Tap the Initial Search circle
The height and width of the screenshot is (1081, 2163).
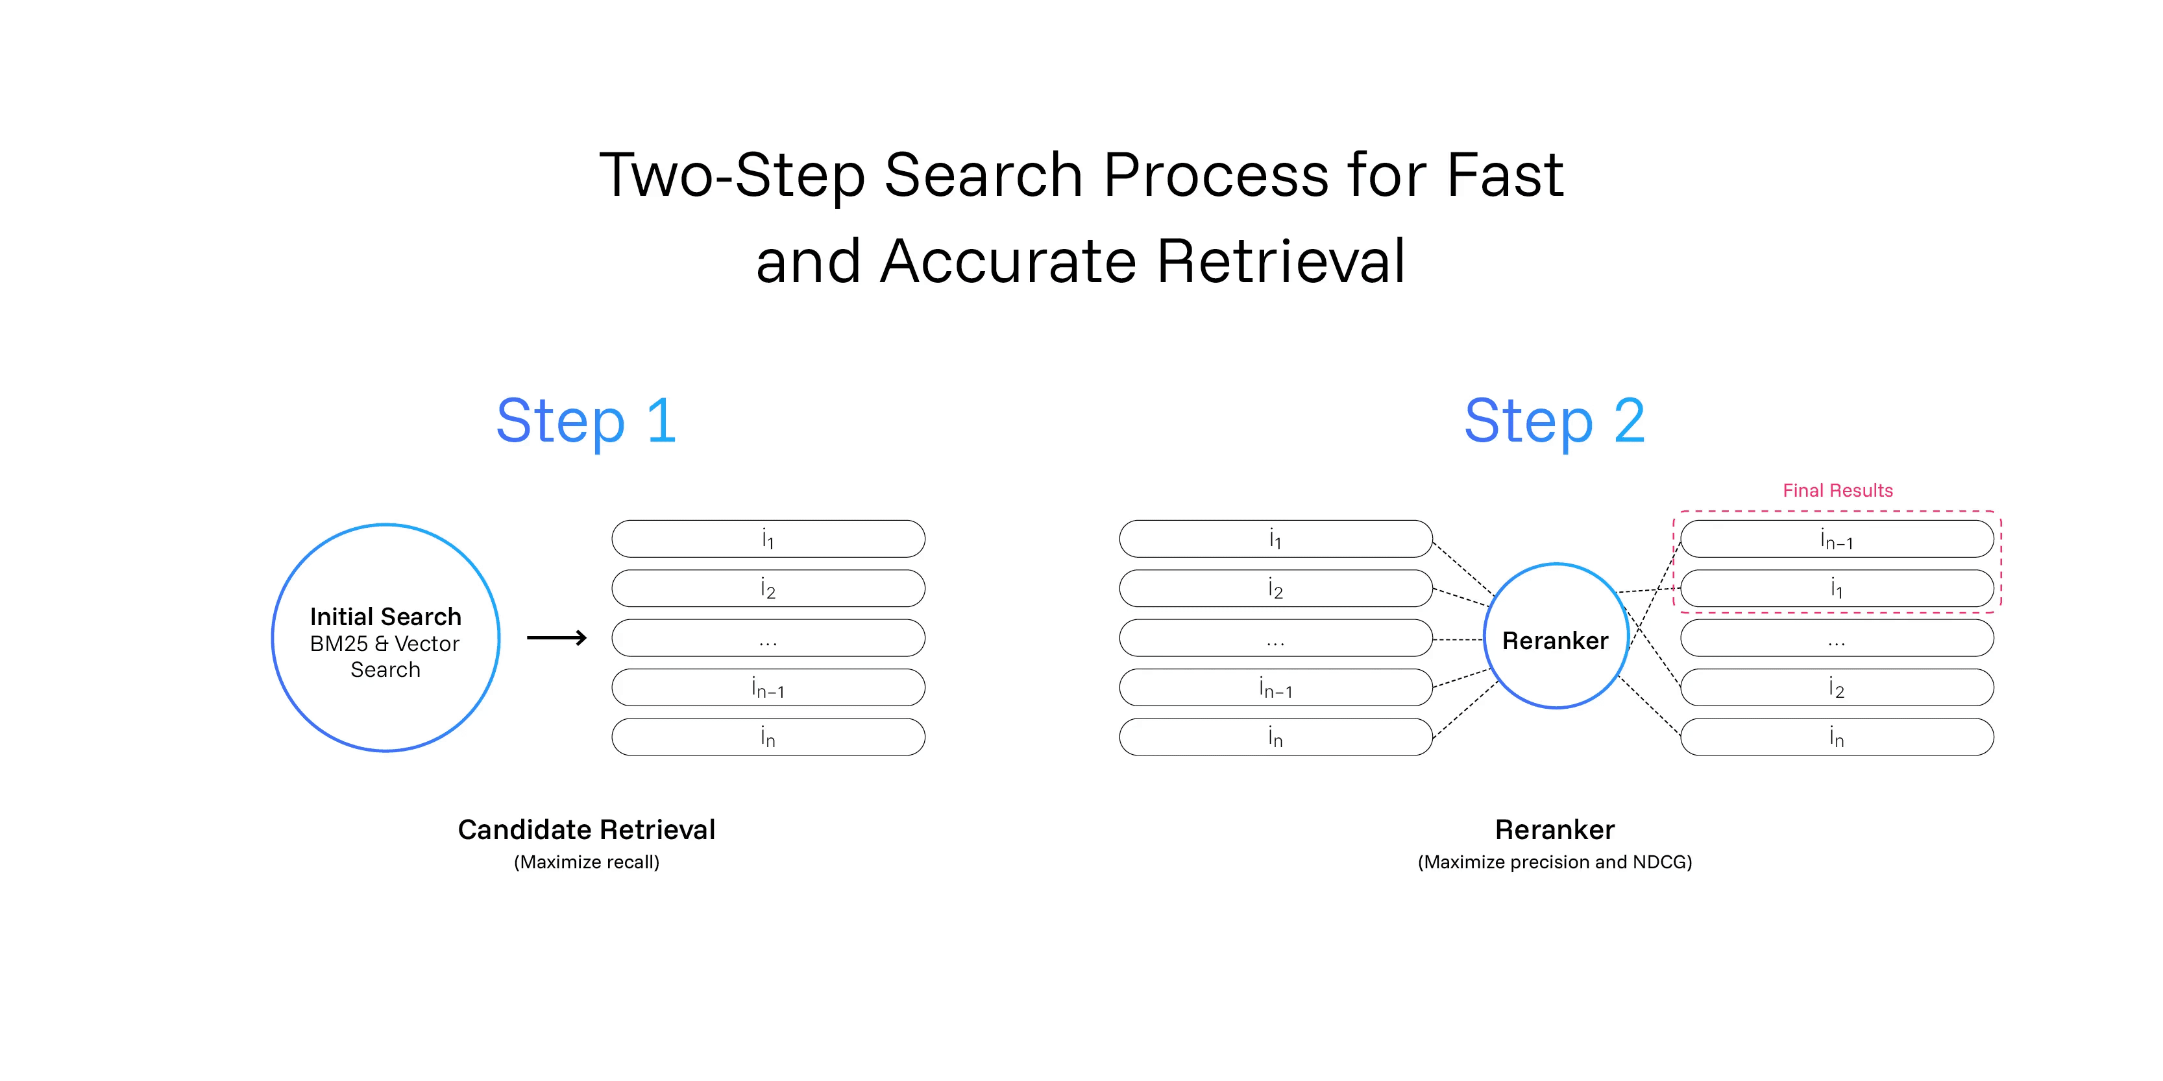pyautogui.click(x=385, y=638)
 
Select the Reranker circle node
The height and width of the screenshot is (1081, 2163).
pyautogui.click(x=1556, y=636)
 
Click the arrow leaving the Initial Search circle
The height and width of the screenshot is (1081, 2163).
pyautogui.click(x=557, y=638)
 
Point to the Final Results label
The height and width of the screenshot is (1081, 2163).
pyautogui.click(x=1837, y=490)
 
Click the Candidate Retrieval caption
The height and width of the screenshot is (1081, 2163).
pyautogui.click(x=586, y=829)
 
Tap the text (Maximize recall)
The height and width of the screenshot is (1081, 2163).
pyautogui.click(x=586, y=862)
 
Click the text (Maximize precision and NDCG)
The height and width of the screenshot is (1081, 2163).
pyautogui.click(x=1554, y=862)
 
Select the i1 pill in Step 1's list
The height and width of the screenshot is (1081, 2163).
pyautogui.click(x=768, y=539)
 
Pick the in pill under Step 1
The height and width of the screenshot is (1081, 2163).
pyautogui.click(x=768, y=737)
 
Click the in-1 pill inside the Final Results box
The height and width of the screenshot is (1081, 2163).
pyautogui.click(x=1837, y=539)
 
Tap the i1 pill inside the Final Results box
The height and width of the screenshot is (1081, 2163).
pyautogui.click(x=1837, y=588)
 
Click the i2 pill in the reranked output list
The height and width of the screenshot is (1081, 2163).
pyautogui.click(x=1837, y=687)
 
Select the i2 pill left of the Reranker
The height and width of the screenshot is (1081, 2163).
pyautogui.click(x=1275, y=588)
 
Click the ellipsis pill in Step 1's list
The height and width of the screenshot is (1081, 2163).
pyautogui.click(x=768, y=638)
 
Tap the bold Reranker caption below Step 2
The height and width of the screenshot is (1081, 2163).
pyautogui.click(x=1554, y=829)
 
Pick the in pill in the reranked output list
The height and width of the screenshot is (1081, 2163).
pyautogui.click(x=1837, y=737)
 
